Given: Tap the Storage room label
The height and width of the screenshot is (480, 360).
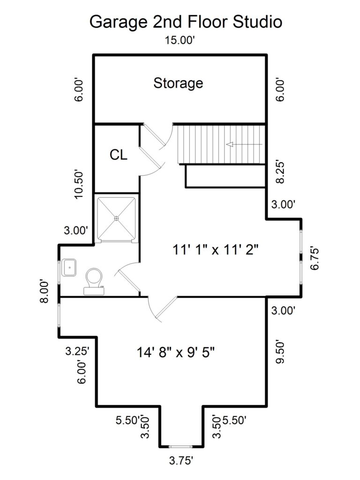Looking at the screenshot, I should pyautogui.click(x=179, y=83).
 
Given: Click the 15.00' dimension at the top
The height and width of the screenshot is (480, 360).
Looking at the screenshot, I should pyautogui.click(x=180, y=40).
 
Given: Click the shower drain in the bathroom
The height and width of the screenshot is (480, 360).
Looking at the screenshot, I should pyautogui.click(x=117, y=218).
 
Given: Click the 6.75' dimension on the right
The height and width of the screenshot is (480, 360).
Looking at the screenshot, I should pyautogui.click(x=315, y=258).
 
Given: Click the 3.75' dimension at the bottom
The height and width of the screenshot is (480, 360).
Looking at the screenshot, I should pyautogui.click(x=180, y=461).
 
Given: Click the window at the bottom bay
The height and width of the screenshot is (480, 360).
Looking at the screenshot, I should pyautogui.click(x=181, y=446).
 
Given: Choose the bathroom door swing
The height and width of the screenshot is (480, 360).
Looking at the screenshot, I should pyautogui.click(x=127, y=279).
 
